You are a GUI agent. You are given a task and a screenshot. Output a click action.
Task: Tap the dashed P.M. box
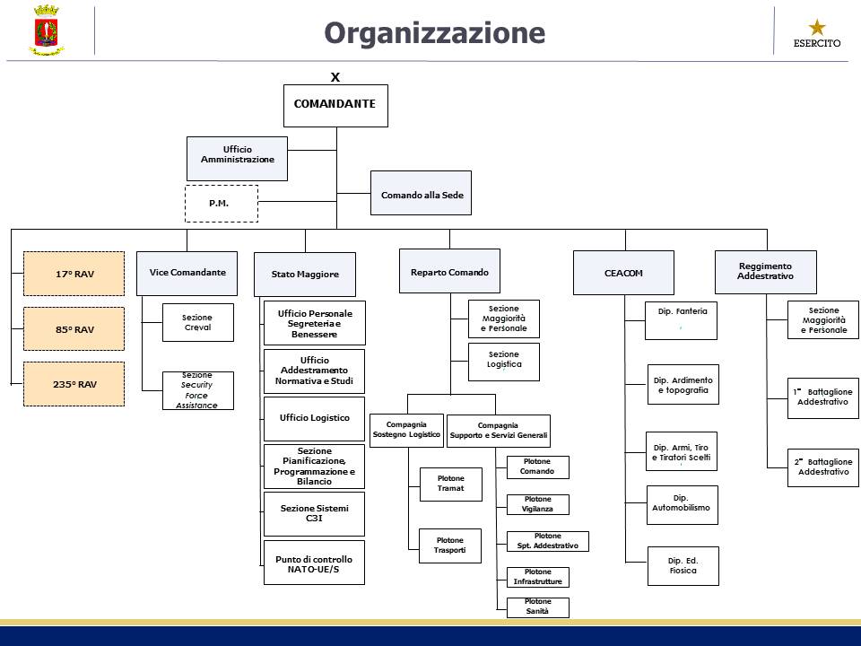221,204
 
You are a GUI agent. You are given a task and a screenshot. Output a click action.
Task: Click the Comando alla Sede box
421,193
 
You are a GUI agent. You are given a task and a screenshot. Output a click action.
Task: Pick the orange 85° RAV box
74,329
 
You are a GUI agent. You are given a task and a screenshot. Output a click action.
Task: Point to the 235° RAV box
74,384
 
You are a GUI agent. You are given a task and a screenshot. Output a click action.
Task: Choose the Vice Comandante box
187,273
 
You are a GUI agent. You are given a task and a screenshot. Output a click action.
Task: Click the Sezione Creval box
197,322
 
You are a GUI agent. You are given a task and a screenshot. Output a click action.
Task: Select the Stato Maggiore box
305,275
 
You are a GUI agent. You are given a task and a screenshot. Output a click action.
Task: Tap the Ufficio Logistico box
314,418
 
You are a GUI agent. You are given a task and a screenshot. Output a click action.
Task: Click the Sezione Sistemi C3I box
314,513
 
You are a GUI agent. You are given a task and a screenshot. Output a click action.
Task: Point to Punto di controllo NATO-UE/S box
314,563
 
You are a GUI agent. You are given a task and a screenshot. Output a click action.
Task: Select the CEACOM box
623,273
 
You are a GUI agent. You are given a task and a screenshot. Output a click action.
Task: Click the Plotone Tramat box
450,484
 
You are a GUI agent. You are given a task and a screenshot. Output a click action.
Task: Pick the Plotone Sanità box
537,607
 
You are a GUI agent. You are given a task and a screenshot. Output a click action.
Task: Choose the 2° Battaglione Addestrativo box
822,467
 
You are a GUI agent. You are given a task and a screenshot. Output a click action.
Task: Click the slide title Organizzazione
434,32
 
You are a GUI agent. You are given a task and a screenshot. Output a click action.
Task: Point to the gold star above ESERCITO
817,27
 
